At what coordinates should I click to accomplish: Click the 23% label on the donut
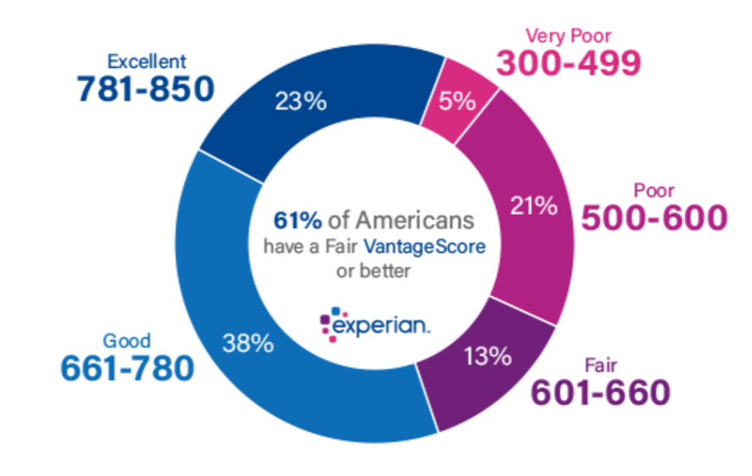coord(300,101)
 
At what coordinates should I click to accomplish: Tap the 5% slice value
coord(458,101)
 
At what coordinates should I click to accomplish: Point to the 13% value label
coord(488,356)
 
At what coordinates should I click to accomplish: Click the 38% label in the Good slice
coord(247,344)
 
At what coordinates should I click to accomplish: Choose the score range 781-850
coord(145,89)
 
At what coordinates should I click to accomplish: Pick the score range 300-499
coord(569,63)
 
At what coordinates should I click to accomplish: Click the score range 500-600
coord(655,218)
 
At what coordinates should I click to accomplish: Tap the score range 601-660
coord(600,392)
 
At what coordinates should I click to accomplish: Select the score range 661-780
coord(127,367)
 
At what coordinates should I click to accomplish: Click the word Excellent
coord(146,60)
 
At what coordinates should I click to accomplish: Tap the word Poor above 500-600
coord(654,190)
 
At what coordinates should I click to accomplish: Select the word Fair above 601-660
coord(601,366)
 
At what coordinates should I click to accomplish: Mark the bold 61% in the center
coord(298,220)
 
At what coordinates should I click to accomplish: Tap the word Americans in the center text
coord(415,220)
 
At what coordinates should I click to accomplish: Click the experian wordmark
coord(381,325)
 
